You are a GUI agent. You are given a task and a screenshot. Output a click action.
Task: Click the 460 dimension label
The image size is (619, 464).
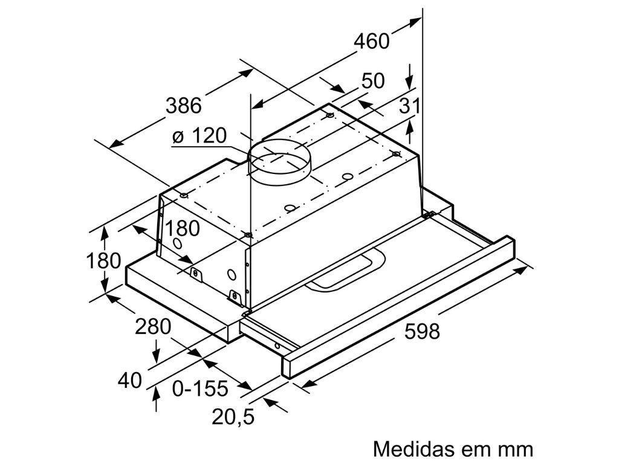[x=371, y=41]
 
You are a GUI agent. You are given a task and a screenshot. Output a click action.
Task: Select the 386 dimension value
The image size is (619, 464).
[x=183, y=106]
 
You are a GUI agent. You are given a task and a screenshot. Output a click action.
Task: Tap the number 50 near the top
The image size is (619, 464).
[x=373, y=81]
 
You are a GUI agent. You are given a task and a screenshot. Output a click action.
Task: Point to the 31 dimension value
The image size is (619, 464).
[x=409, y=106]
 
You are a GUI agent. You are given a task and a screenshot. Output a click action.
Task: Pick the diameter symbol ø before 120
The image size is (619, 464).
[x=178, y=137]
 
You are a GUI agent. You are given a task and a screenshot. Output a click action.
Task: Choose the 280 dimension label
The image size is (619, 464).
[x=153, y=327]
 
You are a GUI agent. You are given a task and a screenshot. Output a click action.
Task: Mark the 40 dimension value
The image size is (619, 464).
[x=130, y=380]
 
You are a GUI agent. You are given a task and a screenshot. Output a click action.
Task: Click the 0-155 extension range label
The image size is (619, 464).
[x=199, y=388]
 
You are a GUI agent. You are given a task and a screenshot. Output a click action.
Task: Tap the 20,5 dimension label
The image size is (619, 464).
[x=232, y=416]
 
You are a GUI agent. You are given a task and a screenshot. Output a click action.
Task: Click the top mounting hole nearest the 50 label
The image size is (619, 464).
[x=329, y=115]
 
